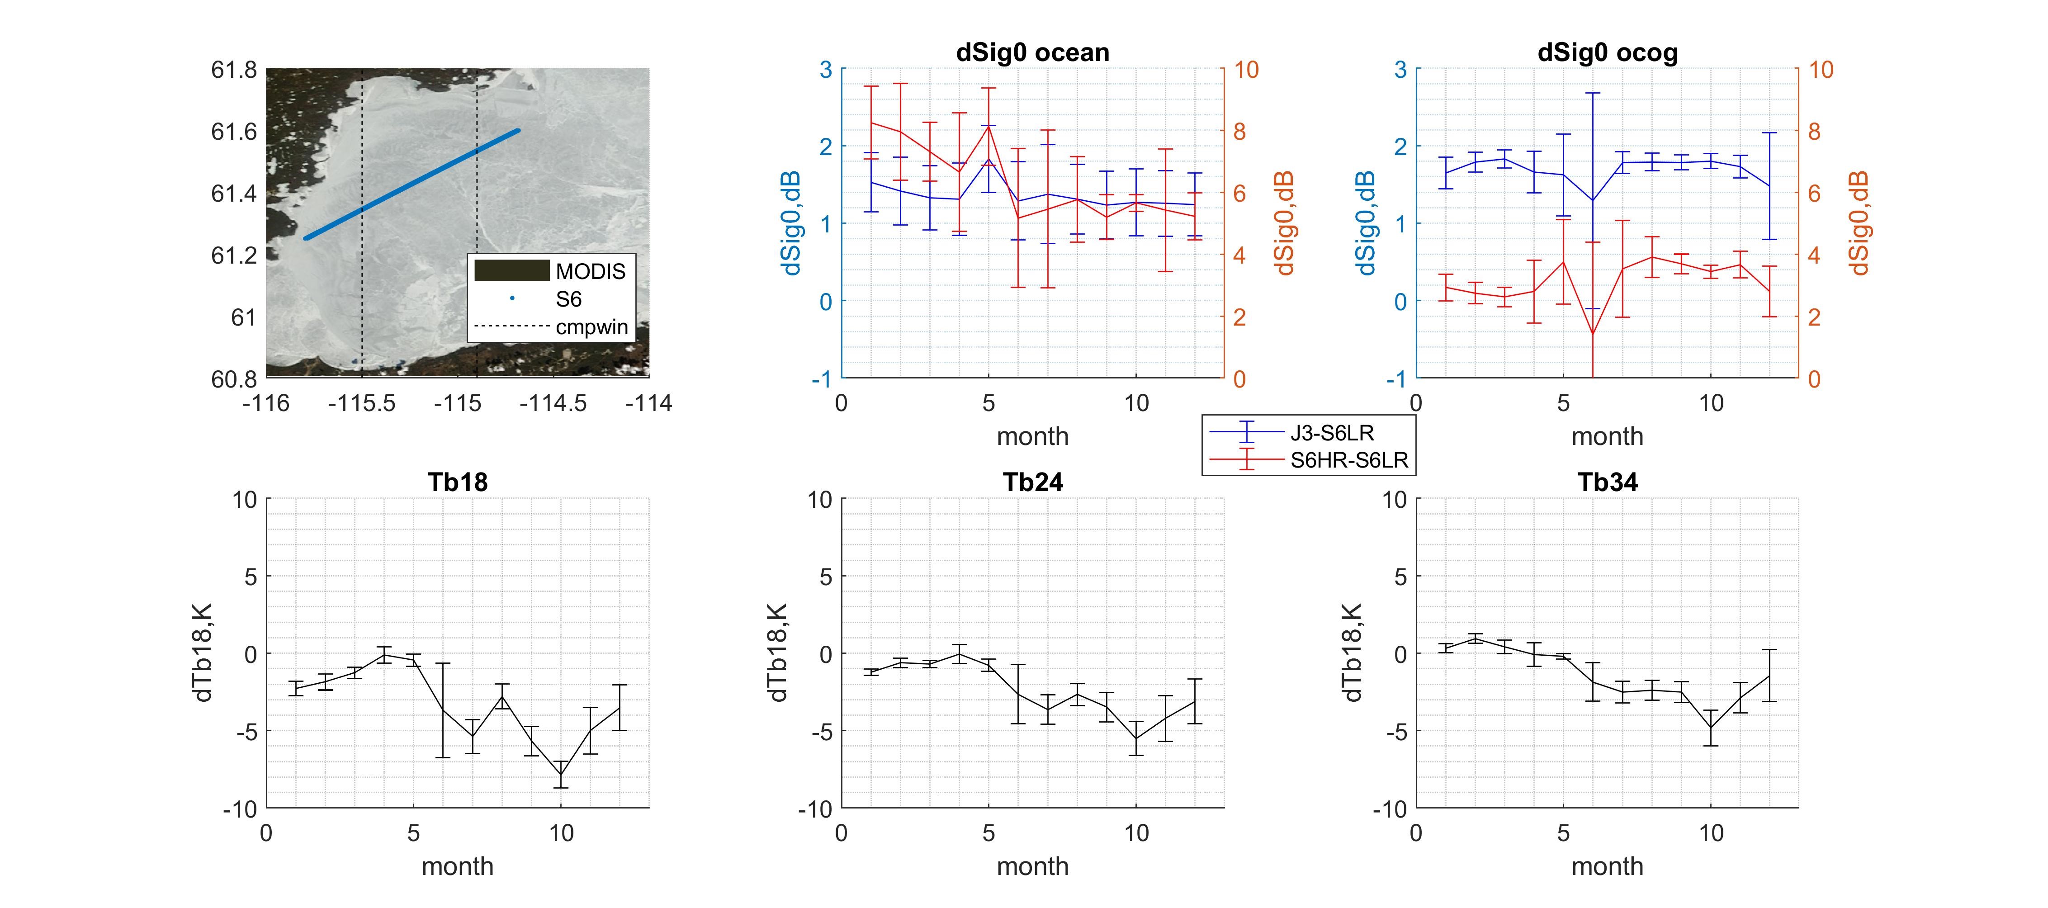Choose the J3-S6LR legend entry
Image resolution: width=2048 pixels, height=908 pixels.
tap(1332, 433)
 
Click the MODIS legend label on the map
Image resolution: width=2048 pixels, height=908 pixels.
tap(591, 272)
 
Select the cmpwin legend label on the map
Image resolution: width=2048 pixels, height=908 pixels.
tap(591, 327)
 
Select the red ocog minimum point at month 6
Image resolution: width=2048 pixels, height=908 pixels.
tap(1593, 334)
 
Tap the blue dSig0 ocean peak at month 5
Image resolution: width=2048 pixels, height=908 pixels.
tap(988, 160)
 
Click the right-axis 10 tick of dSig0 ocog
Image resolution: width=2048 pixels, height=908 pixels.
tap(1821, 70)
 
